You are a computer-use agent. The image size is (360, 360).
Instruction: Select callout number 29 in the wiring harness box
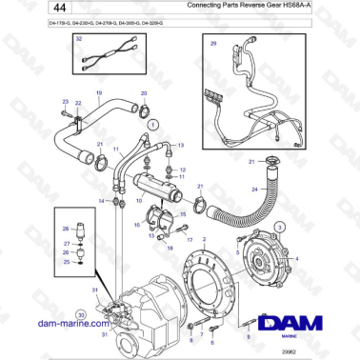212,44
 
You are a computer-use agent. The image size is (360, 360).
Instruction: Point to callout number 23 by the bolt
65,102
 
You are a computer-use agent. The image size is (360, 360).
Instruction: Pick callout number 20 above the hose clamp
144,94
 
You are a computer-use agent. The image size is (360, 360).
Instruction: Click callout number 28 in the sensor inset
66,229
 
